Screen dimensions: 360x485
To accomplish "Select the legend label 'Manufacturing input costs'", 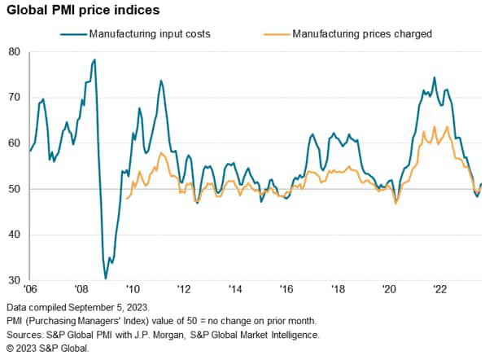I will click(151, 34).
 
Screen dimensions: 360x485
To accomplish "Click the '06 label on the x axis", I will click(30, 290).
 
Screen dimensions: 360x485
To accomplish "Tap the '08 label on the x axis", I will click(81, 290).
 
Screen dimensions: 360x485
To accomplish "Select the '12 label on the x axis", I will click(184, 290).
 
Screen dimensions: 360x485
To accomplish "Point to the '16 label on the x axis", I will click(286, 290).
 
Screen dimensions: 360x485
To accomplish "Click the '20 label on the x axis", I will click(389, 290).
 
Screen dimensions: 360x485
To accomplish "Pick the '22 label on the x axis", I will click(440, 290).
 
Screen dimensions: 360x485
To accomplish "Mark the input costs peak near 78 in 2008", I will click(94, 59).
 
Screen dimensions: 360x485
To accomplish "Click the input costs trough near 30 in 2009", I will click(106, 279).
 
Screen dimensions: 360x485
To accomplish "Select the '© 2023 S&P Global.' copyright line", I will click(47, 349).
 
